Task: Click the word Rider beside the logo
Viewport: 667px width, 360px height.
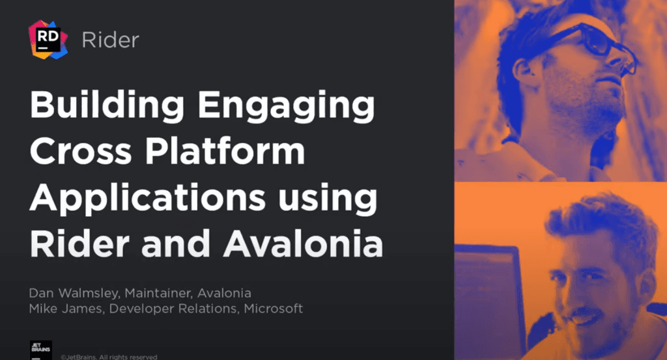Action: pyautogui.click(x=110, y=40)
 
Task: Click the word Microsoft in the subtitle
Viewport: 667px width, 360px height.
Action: pyautogui.click(x=274, y=308)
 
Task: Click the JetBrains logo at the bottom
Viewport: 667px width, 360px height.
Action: pyautogui.click(x=41, y=349)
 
